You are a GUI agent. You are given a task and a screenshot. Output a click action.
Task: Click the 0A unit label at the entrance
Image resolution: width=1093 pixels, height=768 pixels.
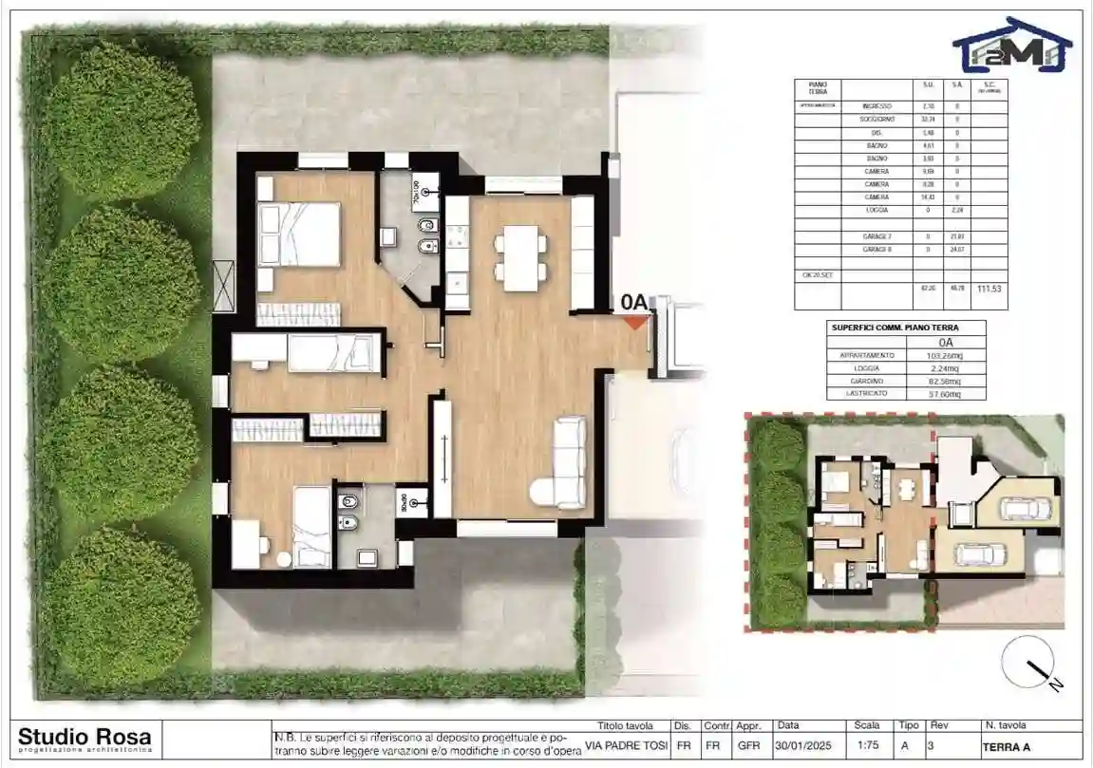(633, 302)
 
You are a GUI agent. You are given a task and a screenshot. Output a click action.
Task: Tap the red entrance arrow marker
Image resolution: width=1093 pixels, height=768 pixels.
(634, 322)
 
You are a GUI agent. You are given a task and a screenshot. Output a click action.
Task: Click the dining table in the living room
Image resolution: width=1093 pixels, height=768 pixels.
(520, 257)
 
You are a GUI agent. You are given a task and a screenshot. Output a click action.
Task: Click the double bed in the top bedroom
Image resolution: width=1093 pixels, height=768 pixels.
(299, 234)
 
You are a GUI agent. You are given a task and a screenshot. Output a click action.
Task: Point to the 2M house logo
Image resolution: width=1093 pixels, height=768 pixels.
(1011, 45)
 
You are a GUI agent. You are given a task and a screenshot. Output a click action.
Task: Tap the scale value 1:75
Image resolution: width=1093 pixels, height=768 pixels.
(866, 745)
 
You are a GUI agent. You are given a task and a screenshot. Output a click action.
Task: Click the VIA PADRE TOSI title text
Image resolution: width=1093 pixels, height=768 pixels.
(627, 745)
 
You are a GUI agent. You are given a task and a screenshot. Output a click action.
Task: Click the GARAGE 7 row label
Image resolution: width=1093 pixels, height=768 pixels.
(876, 235)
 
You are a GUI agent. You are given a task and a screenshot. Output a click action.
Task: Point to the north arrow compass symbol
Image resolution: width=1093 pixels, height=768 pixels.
(1029, 661)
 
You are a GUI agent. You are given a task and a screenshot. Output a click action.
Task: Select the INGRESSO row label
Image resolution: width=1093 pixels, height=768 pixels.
(876, 106)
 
